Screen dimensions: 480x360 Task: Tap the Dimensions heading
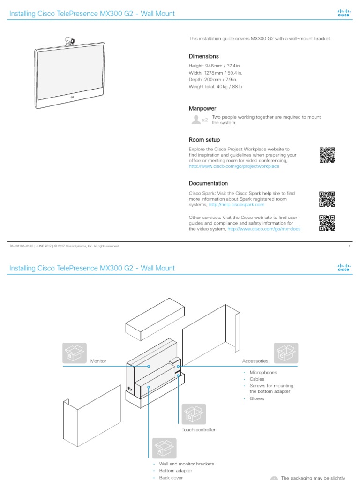tap(203, 56)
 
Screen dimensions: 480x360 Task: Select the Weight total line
tap(216, 87)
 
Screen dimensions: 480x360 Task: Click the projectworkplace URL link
tap(234, 166)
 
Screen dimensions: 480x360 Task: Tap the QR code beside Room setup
tap(327, 155)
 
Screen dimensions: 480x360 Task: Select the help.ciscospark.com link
tap(237, 205)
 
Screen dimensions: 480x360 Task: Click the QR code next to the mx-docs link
tap(327, 223)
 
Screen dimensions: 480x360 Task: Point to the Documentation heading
tap(208, 183)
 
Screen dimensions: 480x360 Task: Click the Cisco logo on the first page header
tap(344, 14)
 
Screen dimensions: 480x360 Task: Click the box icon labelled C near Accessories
tap(286, 353)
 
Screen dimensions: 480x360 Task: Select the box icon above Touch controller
tap(194, 414)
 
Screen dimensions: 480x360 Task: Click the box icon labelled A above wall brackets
tap(164, 449)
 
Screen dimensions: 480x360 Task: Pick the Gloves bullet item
tap(256, 398)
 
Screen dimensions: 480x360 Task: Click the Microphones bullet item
tap(263, 372)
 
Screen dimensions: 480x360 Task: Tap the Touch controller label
tap(198, 429)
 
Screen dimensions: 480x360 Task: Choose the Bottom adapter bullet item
tap(175, 471)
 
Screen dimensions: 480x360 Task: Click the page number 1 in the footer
tap(349, 246)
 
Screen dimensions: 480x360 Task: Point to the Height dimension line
tap(215, 66)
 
